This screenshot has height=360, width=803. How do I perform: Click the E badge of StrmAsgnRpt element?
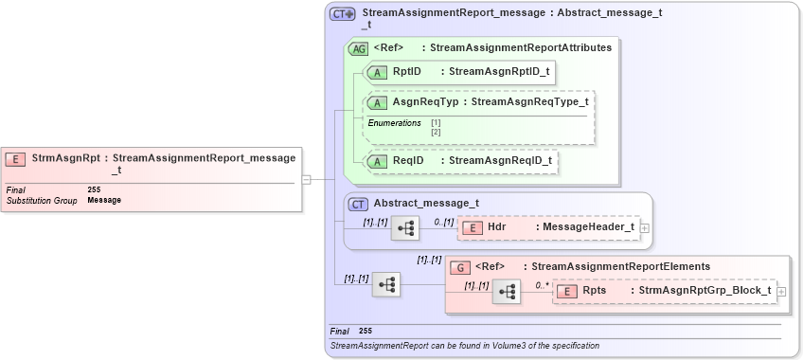[x=16, y=159]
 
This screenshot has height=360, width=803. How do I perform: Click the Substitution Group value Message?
[x=104, y=200]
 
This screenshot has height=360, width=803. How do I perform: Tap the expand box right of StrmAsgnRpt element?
[x=306, y=178]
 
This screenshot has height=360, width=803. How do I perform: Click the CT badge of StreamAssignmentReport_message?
[x=342, y=14]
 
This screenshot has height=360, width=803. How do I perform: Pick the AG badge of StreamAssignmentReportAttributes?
[x=359, y=48]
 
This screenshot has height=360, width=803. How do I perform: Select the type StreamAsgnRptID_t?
[x=498, y=71]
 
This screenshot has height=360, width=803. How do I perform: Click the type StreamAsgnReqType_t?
[x=529, y=102]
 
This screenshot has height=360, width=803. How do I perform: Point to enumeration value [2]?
[x=436, y=132]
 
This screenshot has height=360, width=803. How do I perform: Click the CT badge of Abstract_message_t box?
[x=359, y=203]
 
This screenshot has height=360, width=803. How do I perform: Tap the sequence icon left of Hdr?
[x=405, y=228]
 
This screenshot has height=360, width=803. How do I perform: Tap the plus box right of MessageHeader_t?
[x=645, y=228]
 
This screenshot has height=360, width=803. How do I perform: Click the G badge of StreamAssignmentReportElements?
[x=459, y=267]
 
